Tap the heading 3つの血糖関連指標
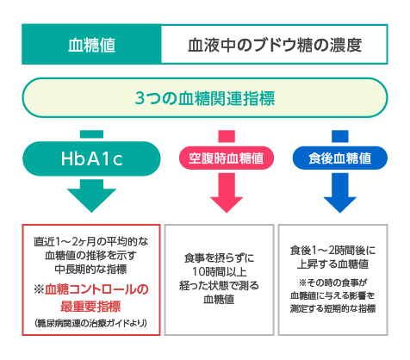205,98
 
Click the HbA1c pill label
90,158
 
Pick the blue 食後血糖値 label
332,158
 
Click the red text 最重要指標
90,304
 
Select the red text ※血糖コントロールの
90,288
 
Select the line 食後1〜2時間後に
332,251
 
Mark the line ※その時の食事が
332,282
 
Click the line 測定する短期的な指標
332,308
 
